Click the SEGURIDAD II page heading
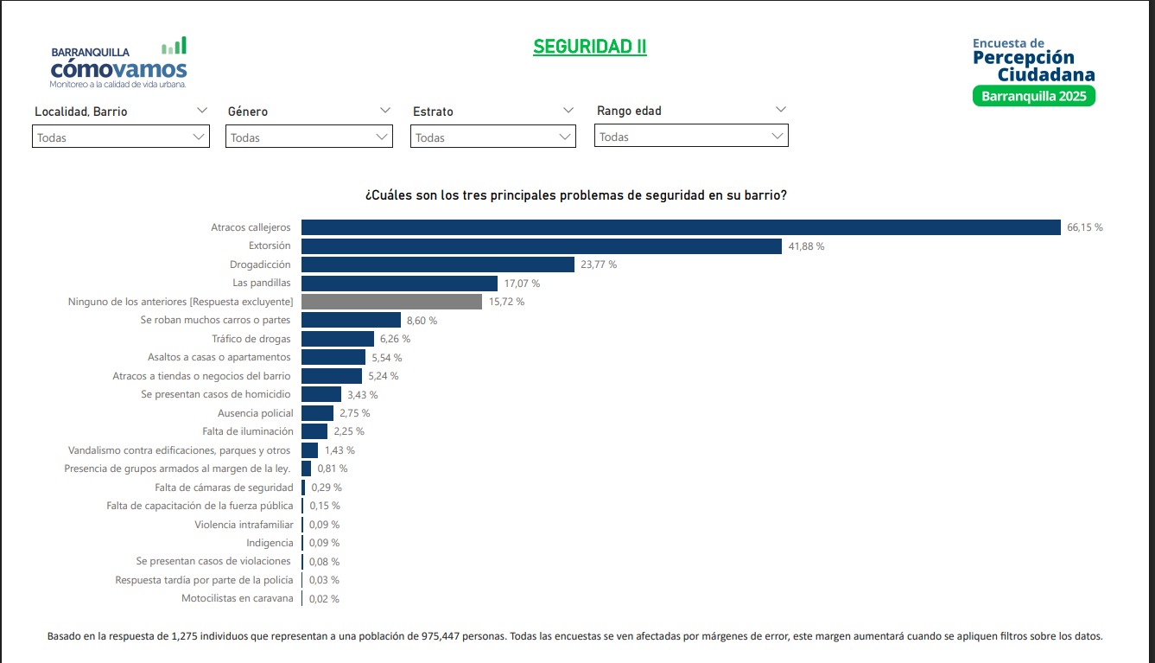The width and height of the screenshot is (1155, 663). pyautogui.click(x=589, y=47)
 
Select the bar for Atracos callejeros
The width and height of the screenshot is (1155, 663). pyautogui.click(x=681, y=227)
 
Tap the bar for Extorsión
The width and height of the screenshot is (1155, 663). pyautogui.click(x=542, y=246)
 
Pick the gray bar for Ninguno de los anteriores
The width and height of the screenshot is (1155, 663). pyautogui.click(x=392, y=302)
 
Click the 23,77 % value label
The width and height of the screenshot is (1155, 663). pyautogui.click(x=599, y=265)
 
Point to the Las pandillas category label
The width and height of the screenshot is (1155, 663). pyautogui.click(x=262, y=283)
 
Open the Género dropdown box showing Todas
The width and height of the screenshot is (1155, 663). pyautogui.click(x=309, y=137)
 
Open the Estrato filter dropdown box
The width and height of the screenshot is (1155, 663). pyautogui.click(x=493, y=137)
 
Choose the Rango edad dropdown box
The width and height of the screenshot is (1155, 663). pyautogui.click(x=691, y=135)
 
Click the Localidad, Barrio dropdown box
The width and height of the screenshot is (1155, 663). pyautogui.click(x=121, y=137)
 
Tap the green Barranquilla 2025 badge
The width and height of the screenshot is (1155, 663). pyautogui.click(x=1034, y=96)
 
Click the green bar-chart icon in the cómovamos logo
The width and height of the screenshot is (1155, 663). pyautogui.click(x=175, y=46)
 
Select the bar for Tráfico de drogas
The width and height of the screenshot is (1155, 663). pyautogui.click(x=338, y=339)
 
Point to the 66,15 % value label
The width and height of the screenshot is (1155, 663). pyautogui.click(x=1085, y=227)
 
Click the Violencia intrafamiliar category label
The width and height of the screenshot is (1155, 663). pyautogui.click(x=244, y=524)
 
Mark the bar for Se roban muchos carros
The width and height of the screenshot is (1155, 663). pyautogui.click(x=351, y=320)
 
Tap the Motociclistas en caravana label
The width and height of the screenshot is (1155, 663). pyautogui.click(x=238, y=598)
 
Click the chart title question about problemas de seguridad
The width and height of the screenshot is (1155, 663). pyautogui.click(x=576, y=195)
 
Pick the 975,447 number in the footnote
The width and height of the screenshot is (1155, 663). pyautogui.click(x=441, y=636)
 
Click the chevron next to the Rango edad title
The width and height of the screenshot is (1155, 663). pyautogui.click(x=781, y=110)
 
